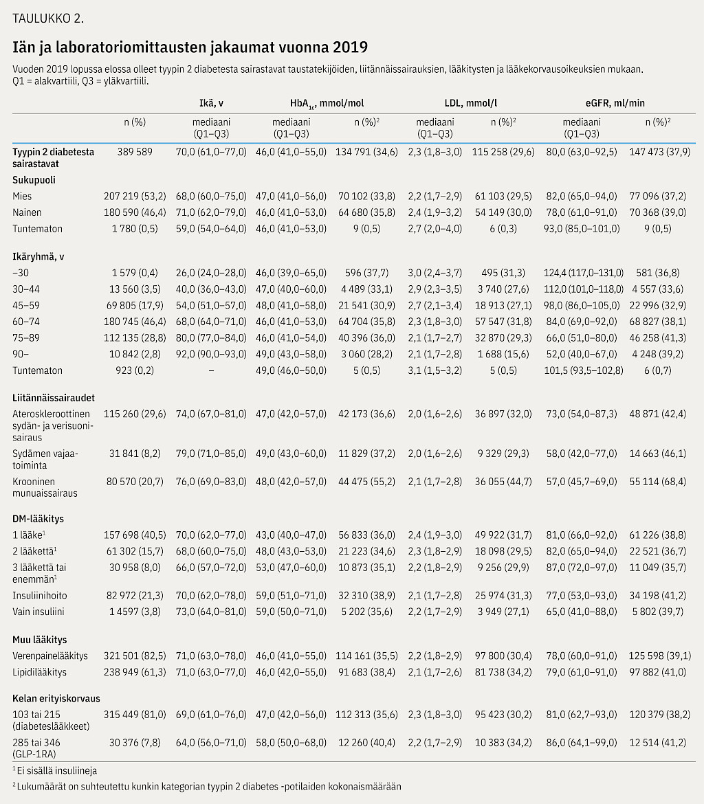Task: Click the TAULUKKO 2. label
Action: coord(48,19)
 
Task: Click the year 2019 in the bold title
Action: coord(350,47)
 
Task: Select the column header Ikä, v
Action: coord(211,103)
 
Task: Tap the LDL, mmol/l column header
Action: coord(470,103)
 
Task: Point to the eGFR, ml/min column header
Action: coord(615,103)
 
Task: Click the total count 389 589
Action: coord(135,153)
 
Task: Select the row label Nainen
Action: coord(27,212)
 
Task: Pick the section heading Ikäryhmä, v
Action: coord(38,257)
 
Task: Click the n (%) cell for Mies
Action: coord(135,197)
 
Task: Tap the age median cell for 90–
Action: coord(211,355)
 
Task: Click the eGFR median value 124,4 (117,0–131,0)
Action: coord(584,273)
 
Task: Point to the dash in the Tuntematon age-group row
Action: coord(211,370)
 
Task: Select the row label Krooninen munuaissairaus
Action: coord(45,488)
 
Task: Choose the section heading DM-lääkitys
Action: coord(38,519)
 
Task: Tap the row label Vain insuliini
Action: coord(38,612)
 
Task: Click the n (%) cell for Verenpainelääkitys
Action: coord(135,656)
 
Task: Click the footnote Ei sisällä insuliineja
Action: coord(54,770)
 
